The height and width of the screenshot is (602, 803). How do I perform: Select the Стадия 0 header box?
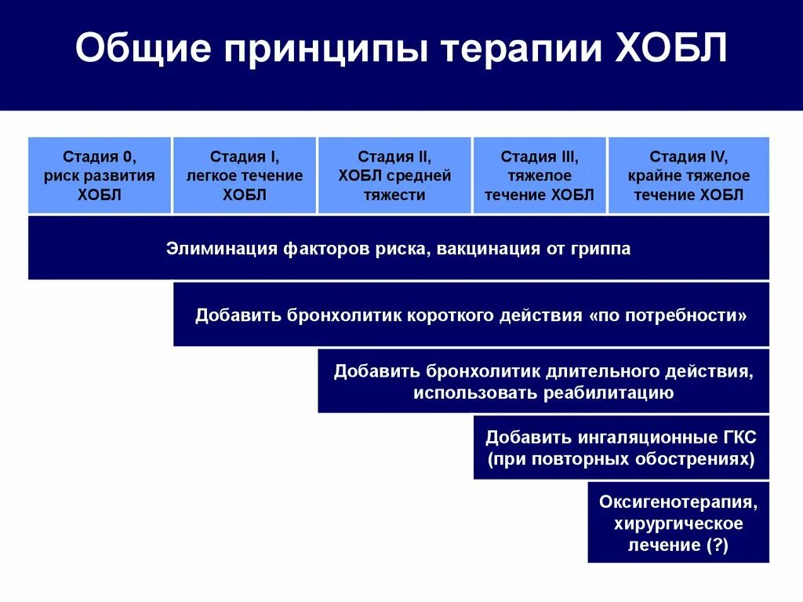100,175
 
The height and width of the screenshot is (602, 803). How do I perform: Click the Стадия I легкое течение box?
244,175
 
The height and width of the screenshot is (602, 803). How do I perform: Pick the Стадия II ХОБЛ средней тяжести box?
394,175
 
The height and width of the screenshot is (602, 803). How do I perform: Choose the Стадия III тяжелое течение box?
540,175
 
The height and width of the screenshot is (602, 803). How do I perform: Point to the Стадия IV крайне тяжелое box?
689,175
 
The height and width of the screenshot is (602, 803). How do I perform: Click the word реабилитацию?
609,392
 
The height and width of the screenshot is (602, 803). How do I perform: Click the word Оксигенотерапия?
678,502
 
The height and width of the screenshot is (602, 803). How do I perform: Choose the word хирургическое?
678,524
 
